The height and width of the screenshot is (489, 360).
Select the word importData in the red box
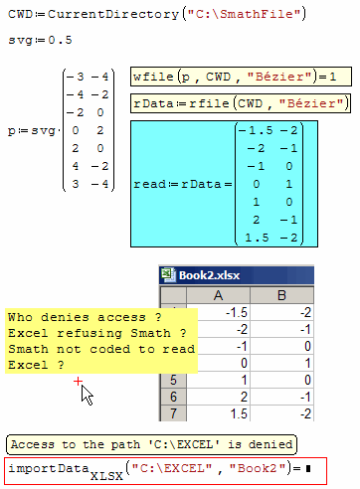pyautogui.click(x=48, y=468)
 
